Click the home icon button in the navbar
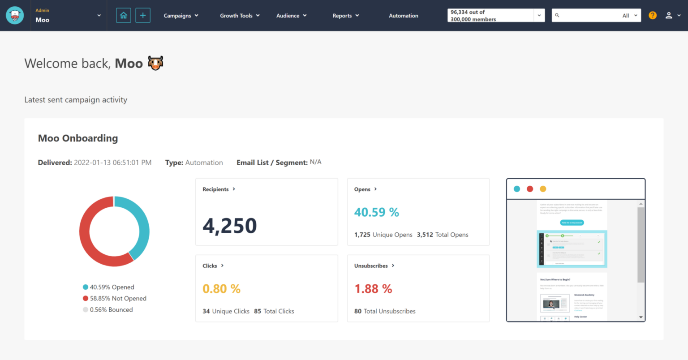[124, 16]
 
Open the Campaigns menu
[181, 16]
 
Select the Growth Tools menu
[240, 16]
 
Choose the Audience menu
[291, 16]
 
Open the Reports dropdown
[345, 16]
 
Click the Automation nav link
[403, 16]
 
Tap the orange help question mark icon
[653, 15]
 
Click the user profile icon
[669, 15]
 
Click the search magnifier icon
[557, 15]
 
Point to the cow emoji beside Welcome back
[155, 63]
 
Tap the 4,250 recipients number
[230, 226]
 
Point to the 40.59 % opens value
[376, 212]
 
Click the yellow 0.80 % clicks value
[221, 289]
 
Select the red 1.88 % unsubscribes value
[373, 289]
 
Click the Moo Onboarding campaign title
[78, 138]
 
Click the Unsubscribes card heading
[371, 266]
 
